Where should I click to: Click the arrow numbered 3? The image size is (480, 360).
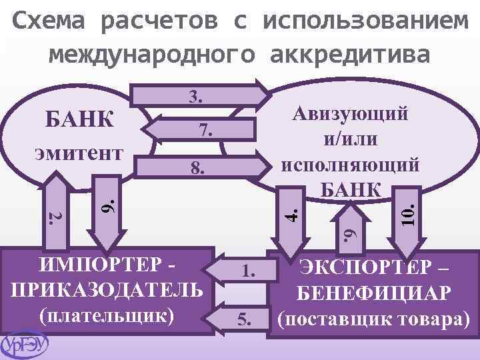200,95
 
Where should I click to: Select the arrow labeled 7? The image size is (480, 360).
200,129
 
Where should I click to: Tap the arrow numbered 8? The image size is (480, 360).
200,167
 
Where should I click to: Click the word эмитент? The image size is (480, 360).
79,153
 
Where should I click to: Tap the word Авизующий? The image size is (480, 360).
351,114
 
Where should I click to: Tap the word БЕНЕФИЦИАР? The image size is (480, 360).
375,293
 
